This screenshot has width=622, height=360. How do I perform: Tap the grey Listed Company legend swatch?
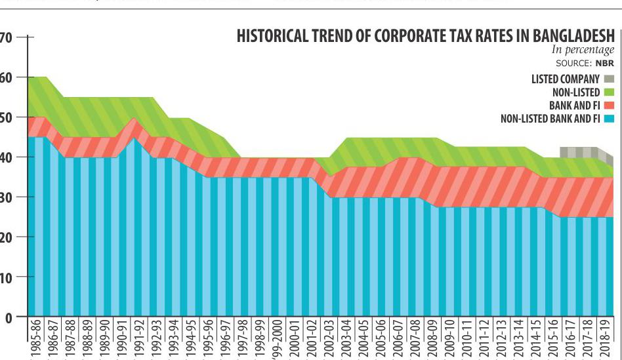(x=609, y=79)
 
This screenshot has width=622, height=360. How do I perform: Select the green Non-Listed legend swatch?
(x=609, y=92)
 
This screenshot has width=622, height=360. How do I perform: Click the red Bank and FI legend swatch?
(x=609, y=106)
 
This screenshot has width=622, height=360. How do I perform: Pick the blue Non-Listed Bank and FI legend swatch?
(x=609, y=119)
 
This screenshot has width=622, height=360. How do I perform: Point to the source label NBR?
(x=604, y=65)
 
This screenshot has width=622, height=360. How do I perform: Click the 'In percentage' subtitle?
(x=583, y=50)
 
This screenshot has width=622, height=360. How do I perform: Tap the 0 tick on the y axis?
(x=8, y=317)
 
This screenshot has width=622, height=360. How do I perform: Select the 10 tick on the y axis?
(x=7, y=277)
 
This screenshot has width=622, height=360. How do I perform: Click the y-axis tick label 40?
(x=7, y=157)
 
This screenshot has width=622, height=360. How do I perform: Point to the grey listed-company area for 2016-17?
(x=571, y=152)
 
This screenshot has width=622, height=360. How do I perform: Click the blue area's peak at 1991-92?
(x=134, y=140)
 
